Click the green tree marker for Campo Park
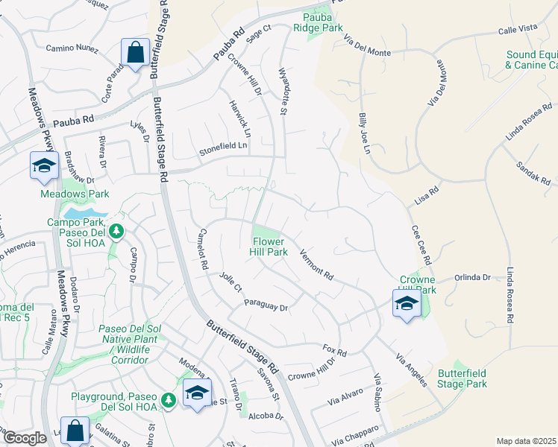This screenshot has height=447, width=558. tap(116, 232)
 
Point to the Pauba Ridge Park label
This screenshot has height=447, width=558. tap(322, 22)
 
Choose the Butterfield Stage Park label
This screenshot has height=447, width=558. tap(463, 378)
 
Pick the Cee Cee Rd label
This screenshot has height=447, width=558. tap(421, 247)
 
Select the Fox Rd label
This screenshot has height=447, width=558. tap(335, 351)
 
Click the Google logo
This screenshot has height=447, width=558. tap(25, 438)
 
